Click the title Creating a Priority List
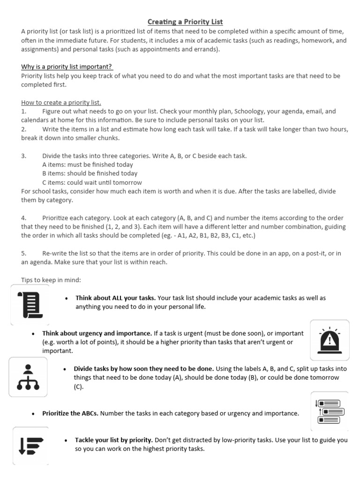pyautogui.click(x=185, y=22)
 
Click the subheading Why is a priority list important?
pyautogui.click(x=67, y=67)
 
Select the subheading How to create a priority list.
pyautogui.click(x=61, y=102)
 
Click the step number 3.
pyautogui.click(x=23, y=156)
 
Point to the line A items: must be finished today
pyautogui.click(x=87, y=165)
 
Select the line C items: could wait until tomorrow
pyautogui.click(x=92, y=182)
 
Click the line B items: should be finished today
pyautogui.click(x=90, y=173)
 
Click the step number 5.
pyautogui.click(x=23, y=253)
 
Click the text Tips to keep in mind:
pyautogui.click(x=51, y=280)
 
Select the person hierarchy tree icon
pyautogui.click(x=28, y=377)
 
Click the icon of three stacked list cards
pyautogui.click(x=330, y=411)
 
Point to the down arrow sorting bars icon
pyautogui.click(x=30, y=445)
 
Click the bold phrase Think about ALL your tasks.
pyautogui.click(x=115, y=298)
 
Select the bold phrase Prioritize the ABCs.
pyautogui.click(x=70, y=413)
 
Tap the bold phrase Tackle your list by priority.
pyautogui.click(x=114, y=440)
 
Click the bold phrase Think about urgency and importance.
pyautogui.click(x=97, y=333)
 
